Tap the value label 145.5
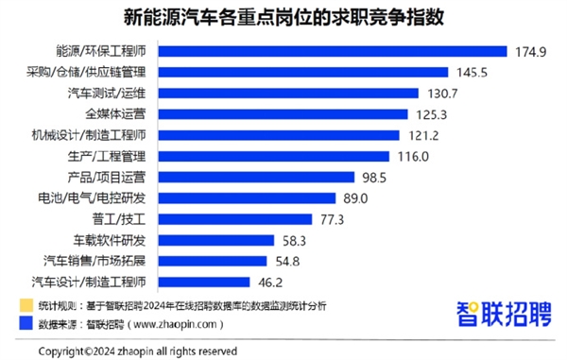(x=472, y=72)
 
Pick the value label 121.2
(x=426, y=134)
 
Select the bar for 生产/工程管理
(x=283, y=156)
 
